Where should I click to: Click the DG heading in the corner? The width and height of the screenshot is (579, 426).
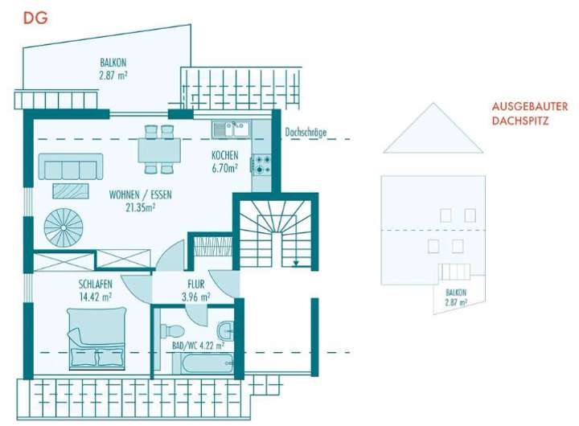tap(35, 18)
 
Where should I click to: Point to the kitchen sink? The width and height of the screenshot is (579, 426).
tap(232, 129)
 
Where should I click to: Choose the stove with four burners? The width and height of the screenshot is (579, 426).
tap(262, 166)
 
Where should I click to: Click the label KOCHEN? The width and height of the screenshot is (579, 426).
tap(224, 155)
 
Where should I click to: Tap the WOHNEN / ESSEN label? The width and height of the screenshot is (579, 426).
tap(140, 195)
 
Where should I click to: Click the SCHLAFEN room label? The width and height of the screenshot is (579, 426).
tap(95, 284)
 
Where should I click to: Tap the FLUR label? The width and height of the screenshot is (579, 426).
tap(196, 284)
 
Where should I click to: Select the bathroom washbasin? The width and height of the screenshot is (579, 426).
tap(228, 331)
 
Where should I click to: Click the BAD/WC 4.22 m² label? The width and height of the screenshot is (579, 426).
tap(196, 346)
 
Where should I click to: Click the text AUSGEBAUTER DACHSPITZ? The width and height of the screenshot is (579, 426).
tap(530, 113)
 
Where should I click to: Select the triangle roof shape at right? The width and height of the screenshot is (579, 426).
tap(433, 131)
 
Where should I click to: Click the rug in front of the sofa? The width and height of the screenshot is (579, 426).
tap(71, 190)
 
